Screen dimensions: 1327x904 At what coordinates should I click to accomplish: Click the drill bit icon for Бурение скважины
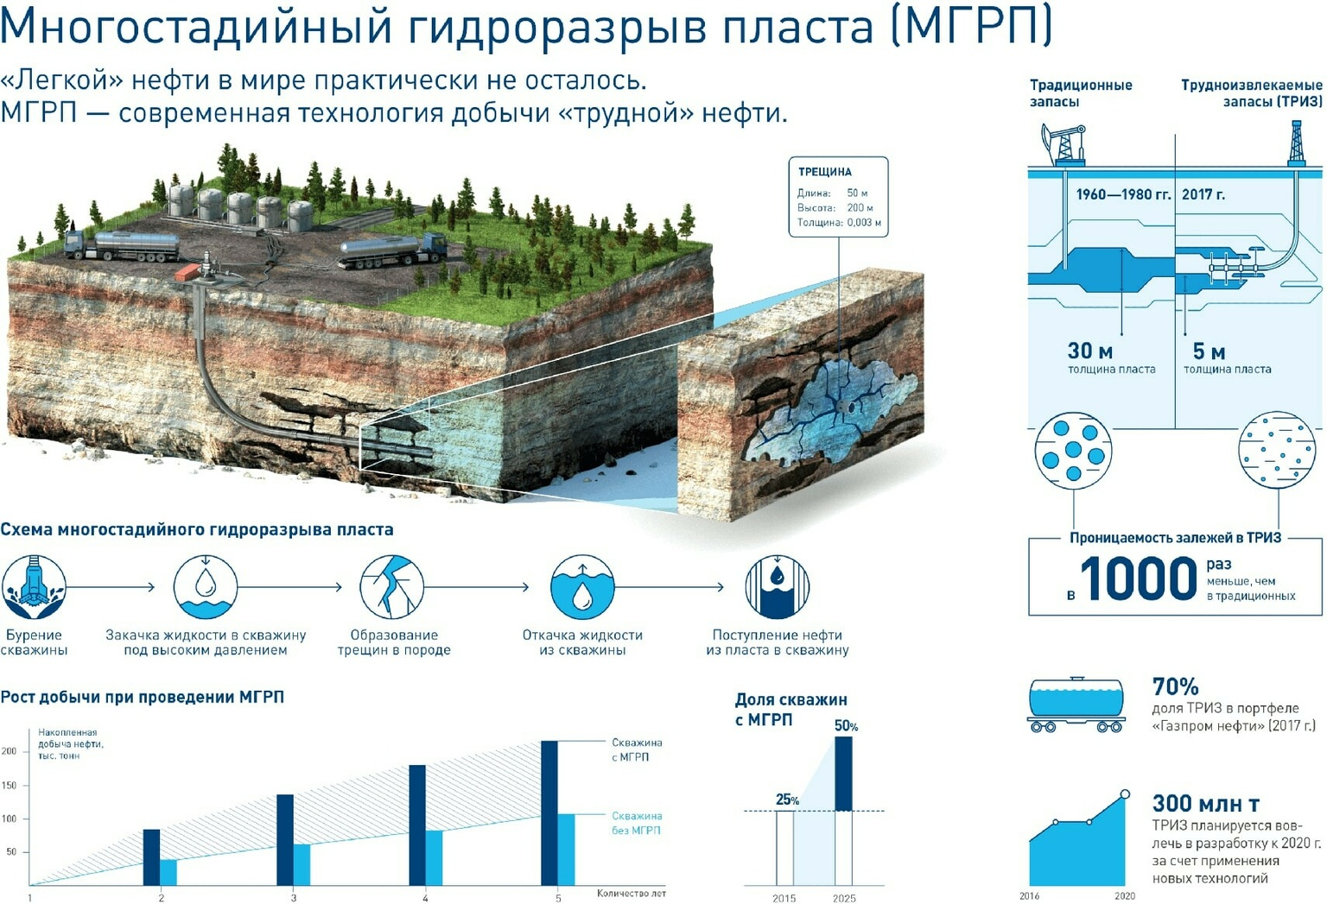[x=34, y=587]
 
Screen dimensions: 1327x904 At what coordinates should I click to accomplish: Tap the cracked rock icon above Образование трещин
[x=391, y=587]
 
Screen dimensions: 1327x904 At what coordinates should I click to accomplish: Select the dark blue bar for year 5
[x=549, y=812]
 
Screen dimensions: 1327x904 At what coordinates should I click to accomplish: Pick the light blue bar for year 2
[x=168, y=872]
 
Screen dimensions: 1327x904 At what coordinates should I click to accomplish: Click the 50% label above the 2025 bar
[x=846, y=726]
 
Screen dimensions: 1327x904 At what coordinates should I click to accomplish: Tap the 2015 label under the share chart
[x=784, y=898]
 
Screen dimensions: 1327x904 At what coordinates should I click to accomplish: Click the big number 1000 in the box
[x=1139, y=578]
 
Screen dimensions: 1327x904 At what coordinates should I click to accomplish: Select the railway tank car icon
[x=1076, y=704]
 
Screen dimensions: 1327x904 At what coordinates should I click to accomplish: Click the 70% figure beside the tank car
[x=1175, y=686]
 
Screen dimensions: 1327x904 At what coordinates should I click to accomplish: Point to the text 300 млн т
[x=1205, y=803]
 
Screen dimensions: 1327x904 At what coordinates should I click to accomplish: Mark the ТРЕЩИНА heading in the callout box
[x=825, y=172]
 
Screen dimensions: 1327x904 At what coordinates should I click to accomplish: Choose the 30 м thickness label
[x=1090, y=351]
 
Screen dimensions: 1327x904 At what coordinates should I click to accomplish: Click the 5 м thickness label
[x=1209, y=351]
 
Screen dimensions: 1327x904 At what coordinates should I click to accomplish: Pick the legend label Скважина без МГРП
[x=637, y=823]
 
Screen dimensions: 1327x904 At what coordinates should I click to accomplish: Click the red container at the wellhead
[x=187, y=272]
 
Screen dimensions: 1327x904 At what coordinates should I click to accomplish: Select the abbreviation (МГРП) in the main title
[x=972, y=26]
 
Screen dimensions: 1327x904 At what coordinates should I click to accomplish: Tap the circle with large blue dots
[x=1073, y=451]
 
